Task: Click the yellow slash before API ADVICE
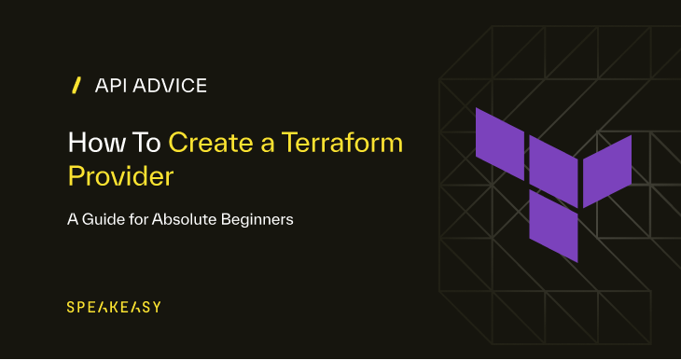click(x=76, y=86)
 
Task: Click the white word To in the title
click(x=146, y=143)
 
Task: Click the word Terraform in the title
click(x=343, y=143)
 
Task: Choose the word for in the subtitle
click(x=146, y=221)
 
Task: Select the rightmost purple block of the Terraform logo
click(x=607, y=170)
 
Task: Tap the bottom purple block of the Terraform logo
click(x=554, y=225)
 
